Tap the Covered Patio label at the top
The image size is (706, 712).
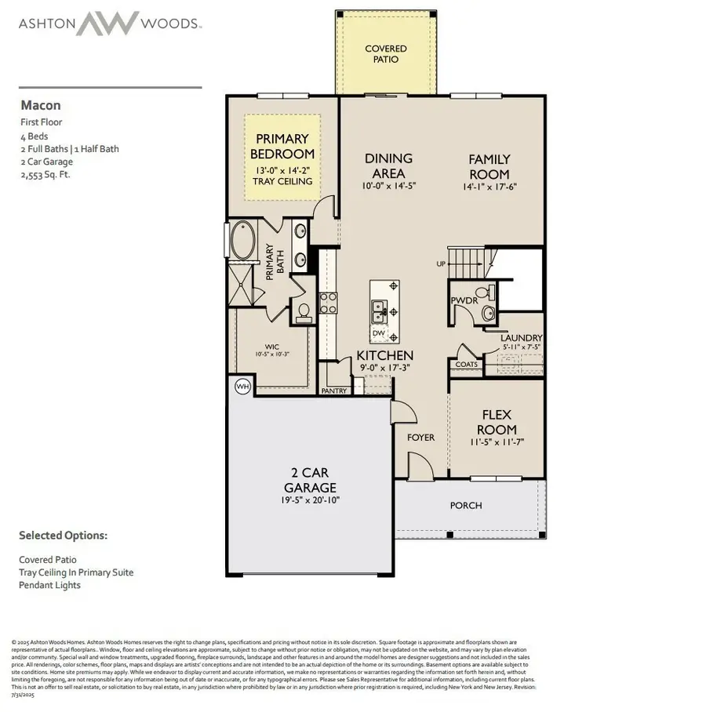click(386, 54)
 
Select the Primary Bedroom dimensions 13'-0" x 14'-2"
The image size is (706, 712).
click(282, 169)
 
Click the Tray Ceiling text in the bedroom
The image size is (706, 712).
click(282, 181)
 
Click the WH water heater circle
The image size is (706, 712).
click(243, 387)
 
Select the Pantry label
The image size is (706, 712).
click(334, 391)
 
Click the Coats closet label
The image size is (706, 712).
click(467, 365)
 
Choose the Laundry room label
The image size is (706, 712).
click(522, 338)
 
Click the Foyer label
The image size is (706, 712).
click(421, 438)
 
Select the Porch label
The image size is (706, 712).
click(466, 506)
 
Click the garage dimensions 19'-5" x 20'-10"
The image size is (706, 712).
click(309, 499)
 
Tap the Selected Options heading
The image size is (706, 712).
click(63, 536)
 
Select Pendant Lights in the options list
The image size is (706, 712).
click(50, 584)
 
